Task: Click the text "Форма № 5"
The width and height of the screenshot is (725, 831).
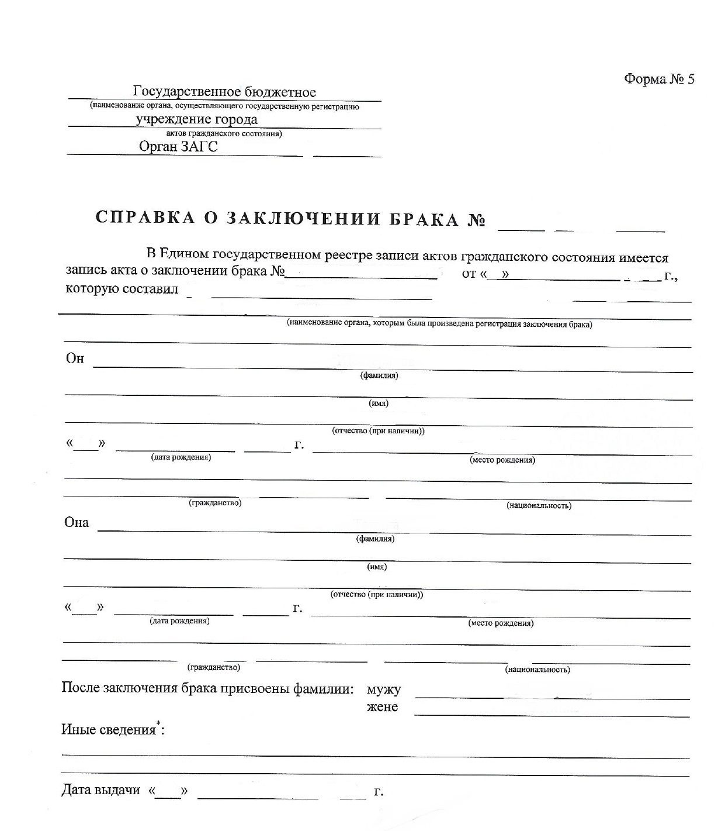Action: tap(659, 79)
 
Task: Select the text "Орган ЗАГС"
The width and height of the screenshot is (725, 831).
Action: tap(178, 146)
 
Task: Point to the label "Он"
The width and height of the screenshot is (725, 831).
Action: tap(75, 358)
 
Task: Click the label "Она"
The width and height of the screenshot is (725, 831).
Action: tap(77, 522)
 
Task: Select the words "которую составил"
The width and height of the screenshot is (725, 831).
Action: tap(122, 289)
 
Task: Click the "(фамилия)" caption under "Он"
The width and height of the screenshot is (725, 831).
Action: tap(379, 375)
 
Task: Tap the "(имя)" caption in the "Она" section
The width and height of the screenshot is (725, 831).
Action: tap(377, 567)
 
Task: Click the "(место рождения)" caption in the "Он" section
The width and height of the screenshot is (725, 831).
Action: tap(502, 460)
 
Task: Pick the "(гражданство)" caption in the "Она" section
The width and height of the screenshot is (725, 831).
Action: tap(213, 667)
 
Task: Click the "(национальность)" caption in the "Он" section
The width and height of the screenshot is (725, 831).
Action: tap(539, 505)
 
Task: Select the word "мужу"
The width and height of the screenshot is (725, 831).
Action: tap(383, 689)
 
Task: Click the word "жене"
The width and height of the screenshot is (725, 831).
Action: tap(383, 707)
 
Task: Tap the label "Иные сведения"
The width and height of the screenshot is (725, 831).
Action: tap(109, 730)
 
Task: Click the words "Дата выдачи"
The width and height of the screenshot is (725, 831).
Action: tap(101, 790)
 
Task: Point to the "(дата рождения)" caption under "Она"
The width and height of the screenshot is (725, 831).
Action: tap(179, 620)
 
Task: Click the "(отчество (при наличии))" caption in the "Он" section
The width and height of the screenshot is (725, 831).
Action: tap(378, 431)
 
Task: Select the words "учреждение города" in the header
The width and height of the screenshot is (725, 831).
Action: tap(196, 119)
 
